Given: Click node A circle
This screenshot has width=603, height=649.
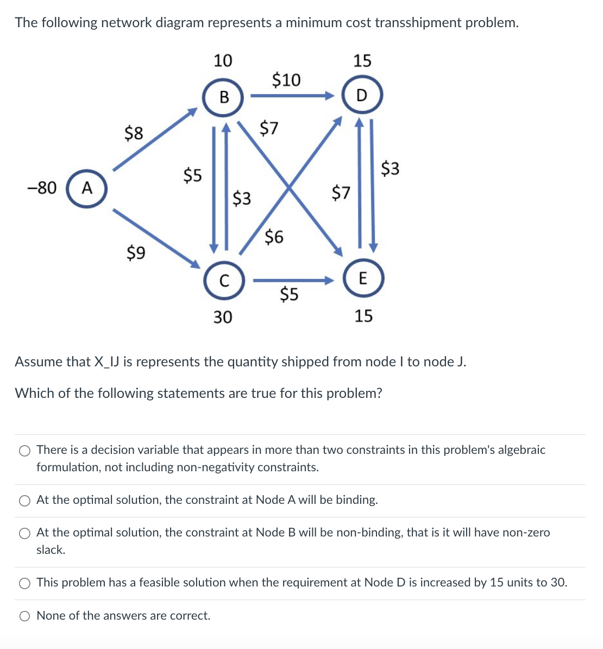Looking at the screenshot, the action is click(x=87, y=189).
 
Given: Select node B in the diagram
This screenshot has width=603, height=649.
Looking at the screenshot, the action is click(x=223, y=97).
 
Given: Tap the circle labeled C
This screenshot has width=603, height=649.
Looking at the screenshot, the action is click(x=223, y=281).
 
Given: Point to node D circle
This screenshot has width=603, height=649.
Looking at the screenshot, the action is click(x=362, y=96).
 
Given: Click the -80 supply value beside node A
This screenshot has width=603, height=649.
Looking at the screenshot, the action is click(x=42, y=188).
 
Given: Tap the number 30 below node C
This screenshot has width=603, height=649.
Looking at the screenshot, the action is click(x=222, y=316).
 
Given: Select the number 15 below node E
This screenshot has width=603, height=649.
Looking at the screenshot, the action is click(x=363, y=316).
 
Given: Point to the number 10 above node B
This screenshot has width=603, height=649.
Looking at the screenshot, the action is click(x=223, y=60).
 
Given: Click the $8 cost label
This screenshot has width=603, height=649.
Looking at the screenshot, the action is click(x=134, y=133).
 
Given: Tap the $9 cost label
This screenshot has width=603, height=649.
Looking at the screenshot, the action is click(x=136, y=252).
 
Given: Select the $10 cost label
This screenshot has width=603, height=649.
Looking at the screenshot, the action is click(x=286, y=80).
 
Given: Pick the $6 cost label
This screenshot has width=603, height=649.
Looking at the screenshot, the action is click(x=274, y=236).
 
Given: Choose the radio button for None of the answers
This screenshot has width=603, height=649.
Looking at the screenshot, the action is click(x=24, y=616).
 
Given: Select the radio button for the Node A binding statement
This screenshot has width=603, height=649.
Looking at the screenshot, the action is click(x=24, y=501).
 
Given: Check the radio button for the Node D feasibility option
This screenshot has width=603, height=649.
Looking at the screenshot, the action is click(x=24, y=583).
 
